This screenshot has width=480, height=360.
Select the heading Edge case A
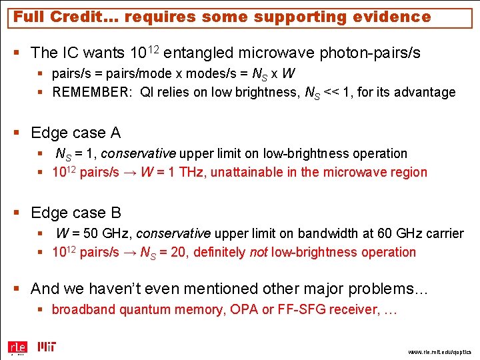click(76, 133)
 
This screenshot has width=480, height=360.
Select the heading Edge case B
click(76, 213)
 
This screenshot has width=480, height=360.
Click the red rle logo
click(17, 347)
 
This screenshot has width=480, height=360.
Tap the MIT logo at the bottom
click(47, 347)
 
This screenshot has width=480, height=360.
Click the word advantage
click(425, 92)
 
